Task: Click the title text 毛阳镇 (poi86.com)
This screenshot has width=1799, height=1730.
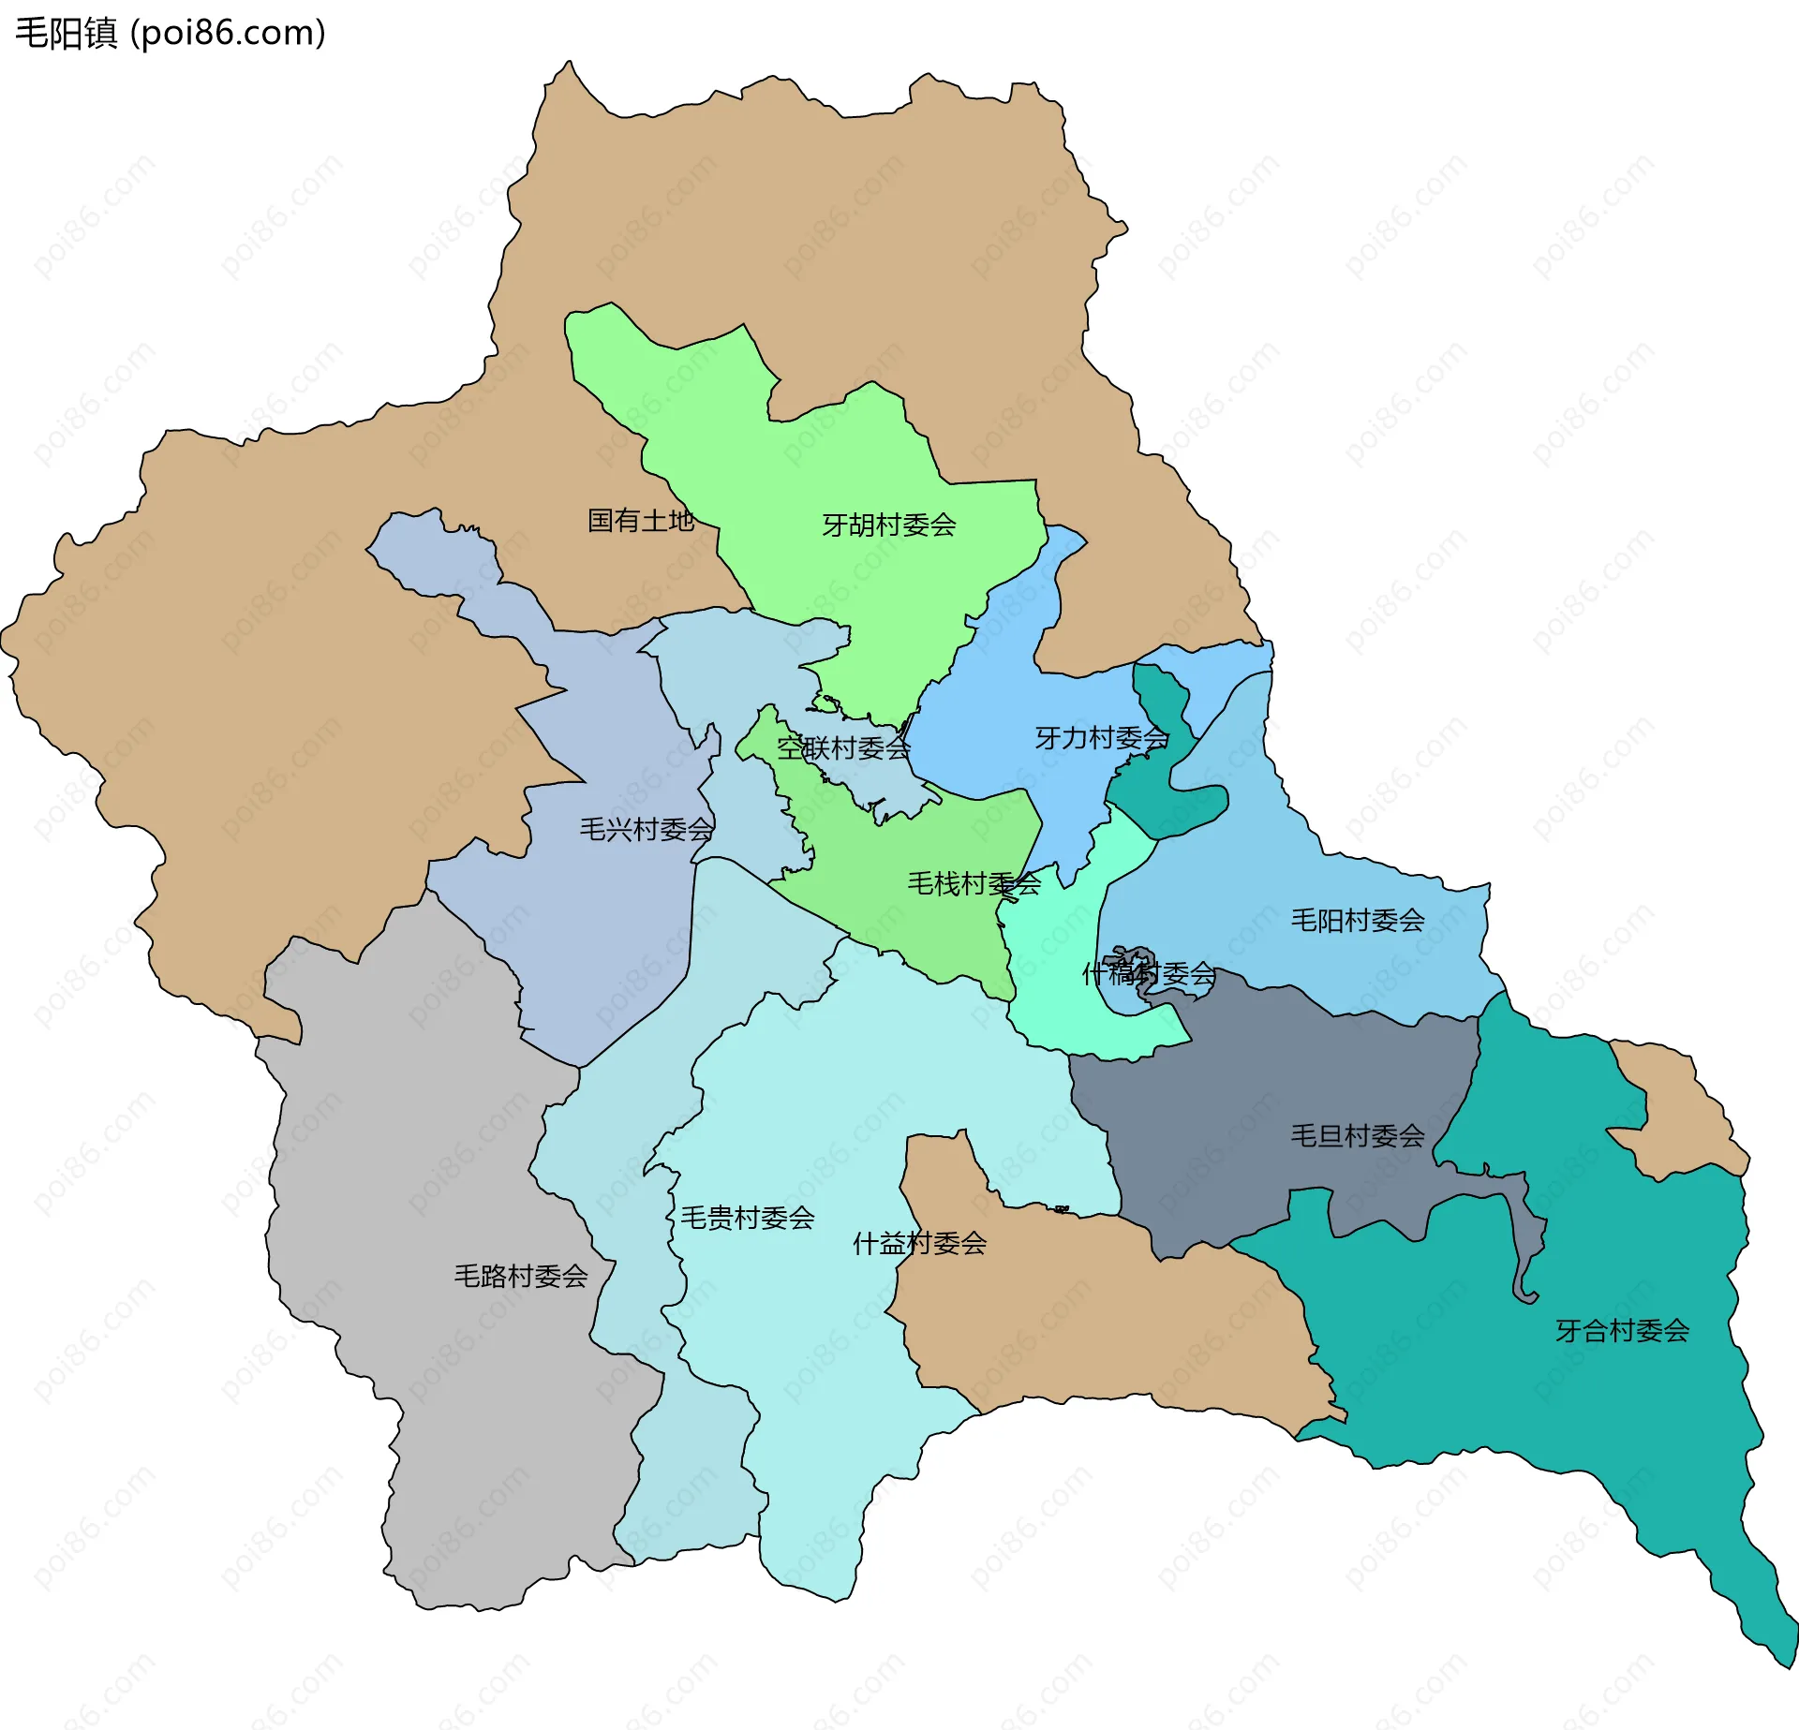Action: [171, 33]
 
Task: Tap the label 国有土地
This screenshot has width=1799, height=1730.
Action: [640, 521]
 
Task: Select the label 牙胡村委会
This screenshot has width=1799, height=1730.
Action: [888, 525]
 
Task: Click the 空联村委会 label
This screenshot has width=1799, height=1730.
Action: [843, 748]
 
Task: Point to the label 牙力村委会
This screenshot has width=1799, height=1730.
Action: [1101, 738]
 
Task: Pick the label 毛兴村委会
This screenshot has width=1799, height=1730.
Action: [646, 830]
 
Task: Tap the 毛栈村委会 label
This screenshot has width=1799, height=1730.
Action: [974, 883]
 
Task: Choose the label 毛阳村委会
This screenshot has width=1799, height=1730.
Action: [1357, 921]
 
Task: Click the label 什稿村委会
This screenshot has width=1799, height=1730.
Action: [1148, 974]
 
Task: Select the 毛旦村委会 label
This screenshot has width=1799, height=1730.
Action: [1357, 1136]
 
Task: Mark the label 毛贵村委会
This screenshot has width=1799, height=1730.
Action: [747, 1218]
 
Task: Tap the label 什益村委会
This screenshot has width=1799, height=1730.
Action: [919, 1244]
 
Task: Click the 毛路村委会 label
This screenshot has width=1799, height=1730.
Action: [520, 1276]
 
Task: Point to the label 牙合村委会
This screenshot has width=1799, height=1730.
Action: [1622, 1331]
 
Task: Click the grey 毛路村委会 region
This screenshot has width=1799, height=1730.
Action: [422, 1171]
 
